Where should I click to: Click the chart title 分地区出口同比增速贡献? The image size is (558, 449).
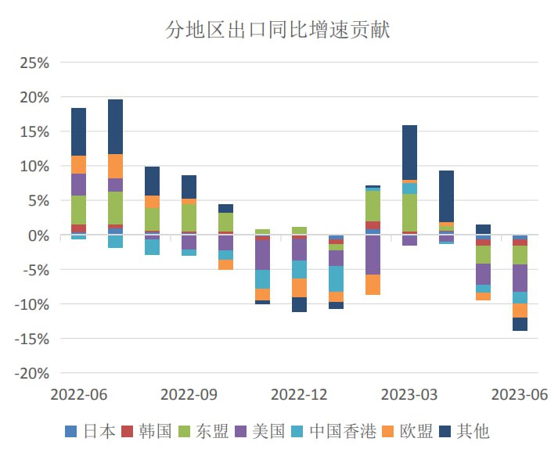(278, 31)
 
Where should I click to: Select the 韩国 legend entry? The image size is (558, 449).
(146, 431)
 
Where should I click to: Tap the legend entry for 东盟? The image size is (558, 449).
(203, 431)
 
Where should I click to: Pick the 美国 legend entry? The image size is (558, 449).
(259, 431)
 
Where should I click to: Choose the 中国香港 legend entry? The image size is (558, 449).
(333, 431)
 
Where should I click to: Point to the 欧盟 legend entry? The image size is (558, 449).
(406, 431)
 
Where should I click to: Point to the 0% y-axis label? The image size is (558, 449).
(38, 235)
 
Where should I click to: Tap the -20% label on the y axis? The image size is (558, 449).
(30, 373)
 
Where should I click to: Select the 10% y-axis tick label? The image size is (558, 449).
(33, 166)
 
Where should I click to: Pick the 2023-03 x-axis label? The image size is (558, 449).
(409, 393)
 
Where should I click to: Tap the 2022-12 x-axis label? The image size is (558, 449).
(299, 393)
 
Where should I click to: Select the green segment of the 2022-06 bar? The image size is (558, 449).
(78, 210)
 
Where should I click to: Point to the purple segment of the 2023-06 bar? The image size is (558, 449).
(520, 278)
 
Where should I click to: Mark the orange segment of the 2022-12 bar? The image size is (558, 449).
(299, 288)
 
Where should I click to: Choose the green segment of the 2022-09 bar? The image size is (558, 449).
(189, 217)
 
